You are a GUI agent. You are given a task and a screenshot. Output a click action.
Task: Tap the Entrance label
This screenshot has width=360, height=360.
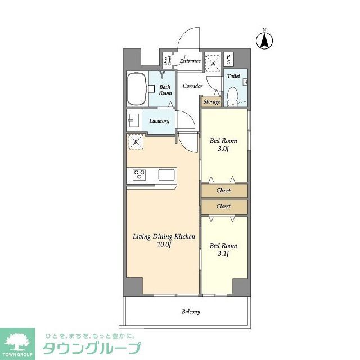(190, 61)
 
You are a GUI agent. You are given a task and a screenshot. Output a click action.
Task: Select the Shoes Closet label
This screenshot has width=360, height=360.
(167, 61)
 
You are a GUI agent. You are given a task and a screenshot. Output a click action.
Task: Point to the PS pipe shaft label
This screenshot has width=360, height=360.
(228, 60)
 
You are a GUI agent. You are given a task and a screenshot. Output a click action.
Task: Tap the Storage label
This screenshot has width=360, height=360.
(211, 102)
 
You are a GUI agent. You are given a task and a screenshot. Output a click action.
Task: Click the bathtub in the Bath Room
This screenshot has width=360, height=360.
(137, 89)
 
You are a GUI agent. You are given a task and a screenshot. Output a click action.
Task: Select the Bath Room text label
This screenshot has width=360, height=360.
(165, 90)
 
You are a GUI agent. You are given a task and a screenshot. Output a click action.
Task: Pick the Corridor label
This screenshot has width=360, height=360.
(192, 86)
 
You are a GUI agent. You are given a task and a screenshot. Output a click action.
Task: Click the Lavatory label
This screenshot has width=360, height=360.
(159, 121)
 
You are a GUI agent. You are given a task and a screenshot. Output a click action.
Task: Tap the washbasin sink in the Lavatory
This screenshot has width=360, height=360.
(134, 121)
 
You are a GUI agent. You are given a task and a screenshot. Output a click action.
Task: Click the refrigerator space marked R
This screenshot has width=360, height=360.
(136, 142)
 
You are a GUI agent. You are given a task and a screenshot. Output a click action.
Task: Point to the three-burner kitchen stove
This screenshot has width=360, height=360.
(139, 175)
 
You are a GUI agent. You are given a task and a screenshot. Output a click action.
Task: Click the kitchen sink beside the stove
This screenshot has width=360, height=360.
(167, 175)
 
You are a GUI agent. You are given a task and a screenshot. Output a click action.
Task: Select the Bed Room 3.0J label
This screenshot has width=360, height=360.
(223, 145)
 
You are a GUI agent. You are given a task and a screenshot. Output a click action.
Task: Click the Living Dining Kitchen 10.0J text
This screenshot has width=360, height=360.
(164, 241)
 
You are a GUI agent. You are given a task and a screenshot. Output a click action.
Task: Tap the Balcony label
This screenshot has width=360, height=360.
(191, 312)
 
